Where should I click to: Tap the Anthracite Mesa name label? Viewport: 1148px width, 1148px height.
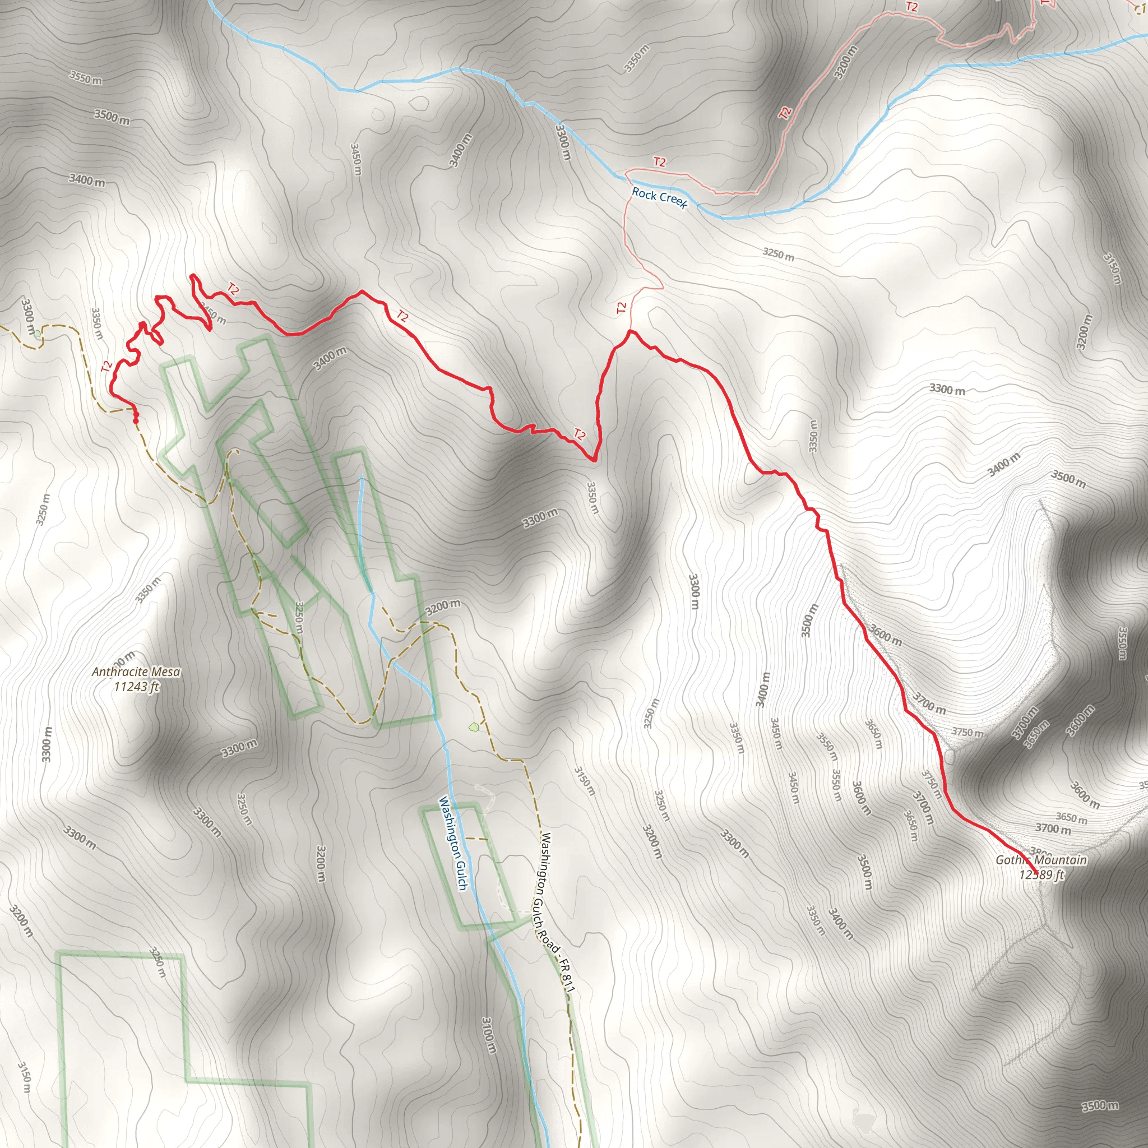click(136, 672)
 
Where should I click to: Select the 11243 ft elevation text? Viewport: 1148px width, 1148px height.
click(137, 687)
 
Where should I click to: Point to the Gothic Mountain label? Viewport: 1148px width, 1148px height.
click(1041, 860)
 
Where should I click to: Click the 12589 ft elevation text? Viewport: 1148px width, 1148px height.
click(1041, 874)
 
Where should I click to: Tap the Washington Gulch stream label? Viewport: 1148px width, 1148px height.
click(453, 843)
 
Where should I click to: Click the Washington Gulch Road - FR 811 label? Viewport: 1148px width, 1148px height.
click(557, 913)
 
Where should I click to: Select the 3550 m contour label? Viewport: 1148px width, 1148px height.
click(85, 77)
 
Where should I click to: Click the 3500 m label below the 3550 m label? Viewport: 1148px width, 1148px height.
click(112, 117)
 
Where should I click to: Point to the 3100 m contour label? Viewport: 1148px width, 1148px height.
click(488, 1035)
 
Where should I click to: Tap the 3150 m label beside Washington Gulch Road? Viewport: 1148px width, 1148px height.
click(584, 781)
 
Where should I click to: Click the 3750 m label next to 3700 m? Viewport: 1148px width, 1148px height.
click(968, 732)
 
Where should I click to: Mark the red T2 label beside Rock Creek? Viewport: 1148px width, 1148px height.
click(660, 161)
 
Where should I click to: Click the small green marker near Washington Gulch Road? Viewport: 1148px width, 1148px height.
click(474, 726)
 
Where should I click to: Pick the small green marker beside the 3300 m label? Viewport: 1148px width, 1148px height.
click(38, 334)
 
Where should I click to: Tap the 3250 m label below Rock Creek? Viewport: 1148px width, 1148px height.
click(779, 254)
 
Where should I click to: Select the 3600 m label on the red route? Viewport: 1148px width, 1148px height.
click(885, 635)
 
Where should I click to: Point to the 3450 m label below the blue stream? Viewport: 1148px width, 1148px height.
click(356, 159)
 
